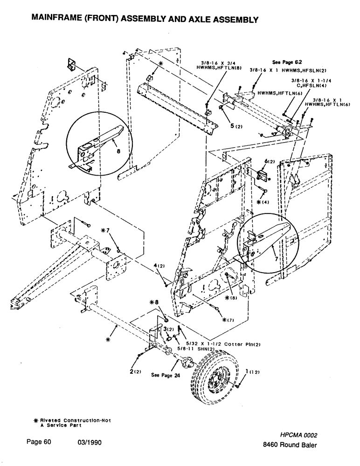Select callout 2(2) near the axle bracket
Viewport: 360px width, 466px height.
pyautogui.click(x=136, y=371)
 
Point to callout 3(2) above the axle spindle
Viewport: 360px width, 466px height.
pyautogui.click(x=168, y=329)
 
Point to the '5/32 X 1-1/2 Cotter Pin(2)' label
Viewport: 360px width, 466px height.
pyautogui.click(x=217, y=344)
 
